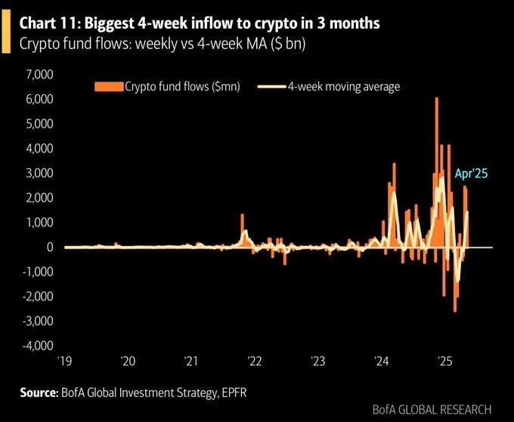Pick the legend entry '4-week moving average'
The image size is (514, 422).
coord(343,87)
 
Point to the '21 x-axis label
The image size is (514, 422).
coord(190,361)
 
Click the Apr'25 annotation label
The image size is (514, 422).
coord(471,174)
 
